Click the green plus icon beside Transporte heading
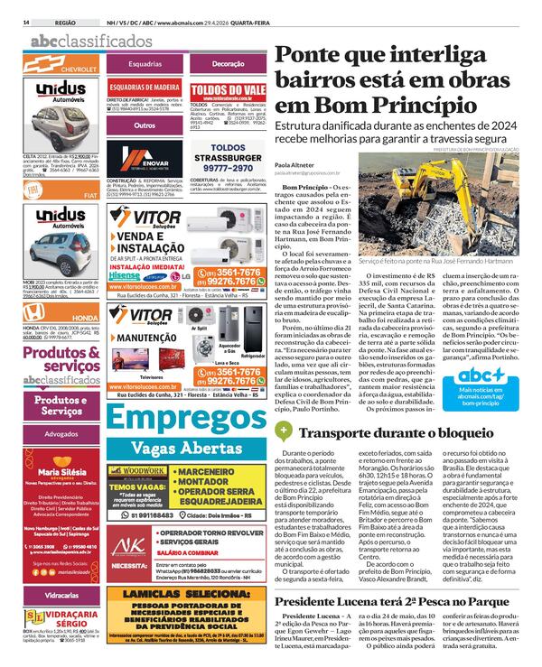pyautogui.click(x=283, y=431)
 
